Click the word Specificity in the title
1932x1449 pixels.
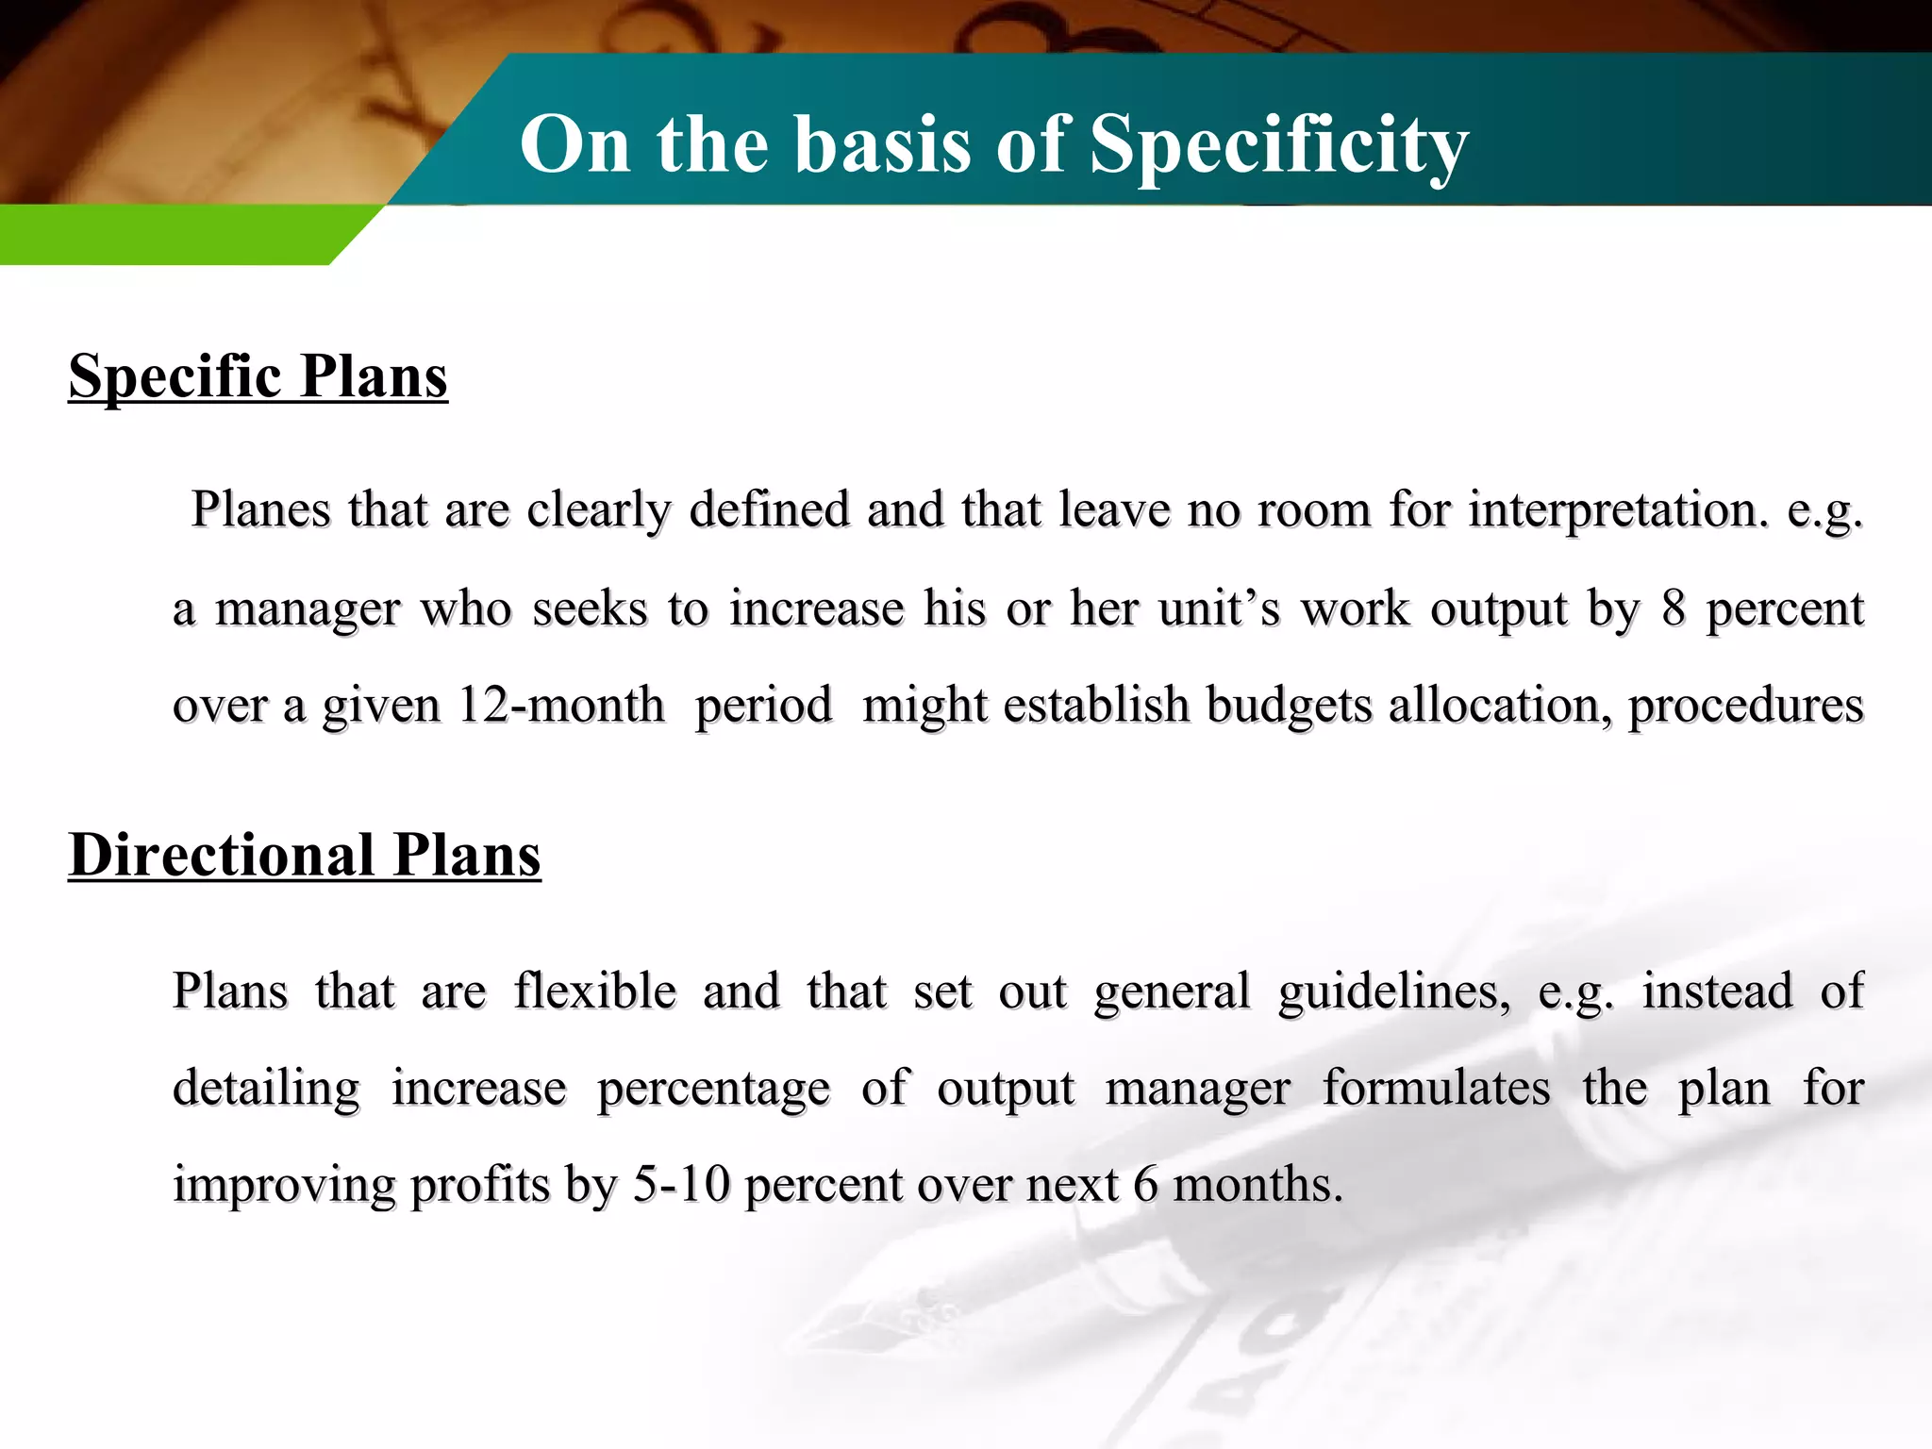[x=1278, y=144]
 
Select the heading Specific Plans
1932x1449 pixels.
[x=258, y=376]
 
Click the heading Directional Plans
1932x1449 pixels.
[x=305, y=855]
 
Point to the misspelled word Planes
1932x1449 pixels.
[x=261, y=509]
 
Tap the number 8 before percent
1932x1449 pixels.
[x=1674, y=608]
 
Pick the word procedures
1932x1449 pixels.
[x=1746, y=705]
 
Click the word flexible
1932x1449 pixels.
[x=595, y=991]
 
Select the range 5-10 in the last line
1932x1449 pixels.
[x=681, y=1184]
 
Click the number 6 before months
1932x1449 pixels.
[x=1145, y=1184]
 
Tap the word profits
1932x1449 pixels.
[x=480, y=1184]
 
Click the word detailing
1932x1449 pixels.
[x=266, y=1088]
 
